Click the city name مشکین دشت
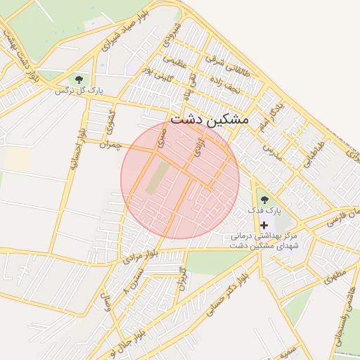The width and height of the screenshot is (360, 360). click(210, 120)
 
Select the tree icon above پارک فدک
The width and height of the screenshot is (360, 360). click(264, 200)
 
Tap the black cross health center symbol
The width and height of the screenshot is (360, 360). click(264, 226)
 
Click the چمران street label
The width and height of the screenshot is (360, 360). click(110, 145)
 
